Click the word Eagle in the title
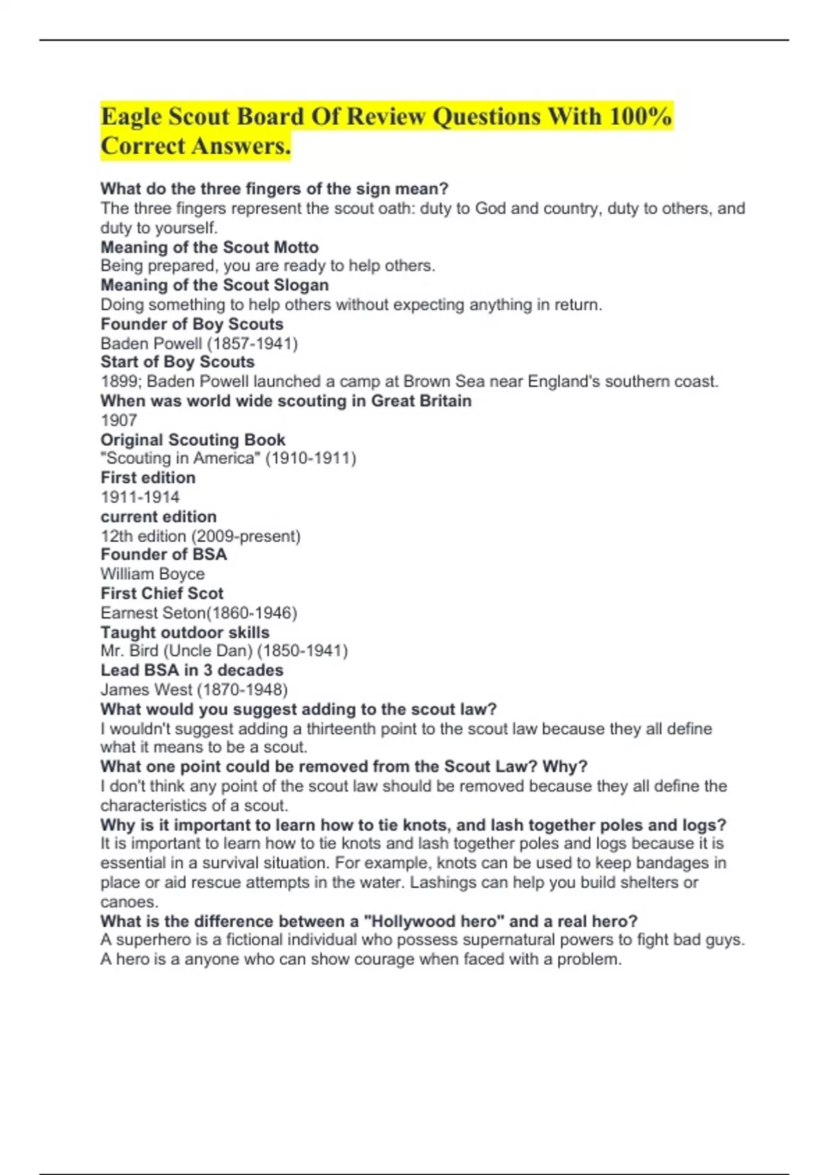tap(131, 117)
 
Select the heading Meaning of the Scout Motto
tap(209, 247)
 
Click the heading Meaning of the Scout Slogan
tap(214, 285)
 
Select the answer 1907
tap(119, 420)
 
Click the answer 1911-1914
tap(140, 497)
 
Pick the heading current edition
tap(158, 517)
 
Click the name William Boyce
tap(153, 574)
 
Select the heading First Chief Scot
tap(162, 594)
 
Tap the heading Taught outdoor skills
tap(185, 632)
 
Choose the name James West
tap(146, 690)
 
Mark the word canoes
tap(128, 902)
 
